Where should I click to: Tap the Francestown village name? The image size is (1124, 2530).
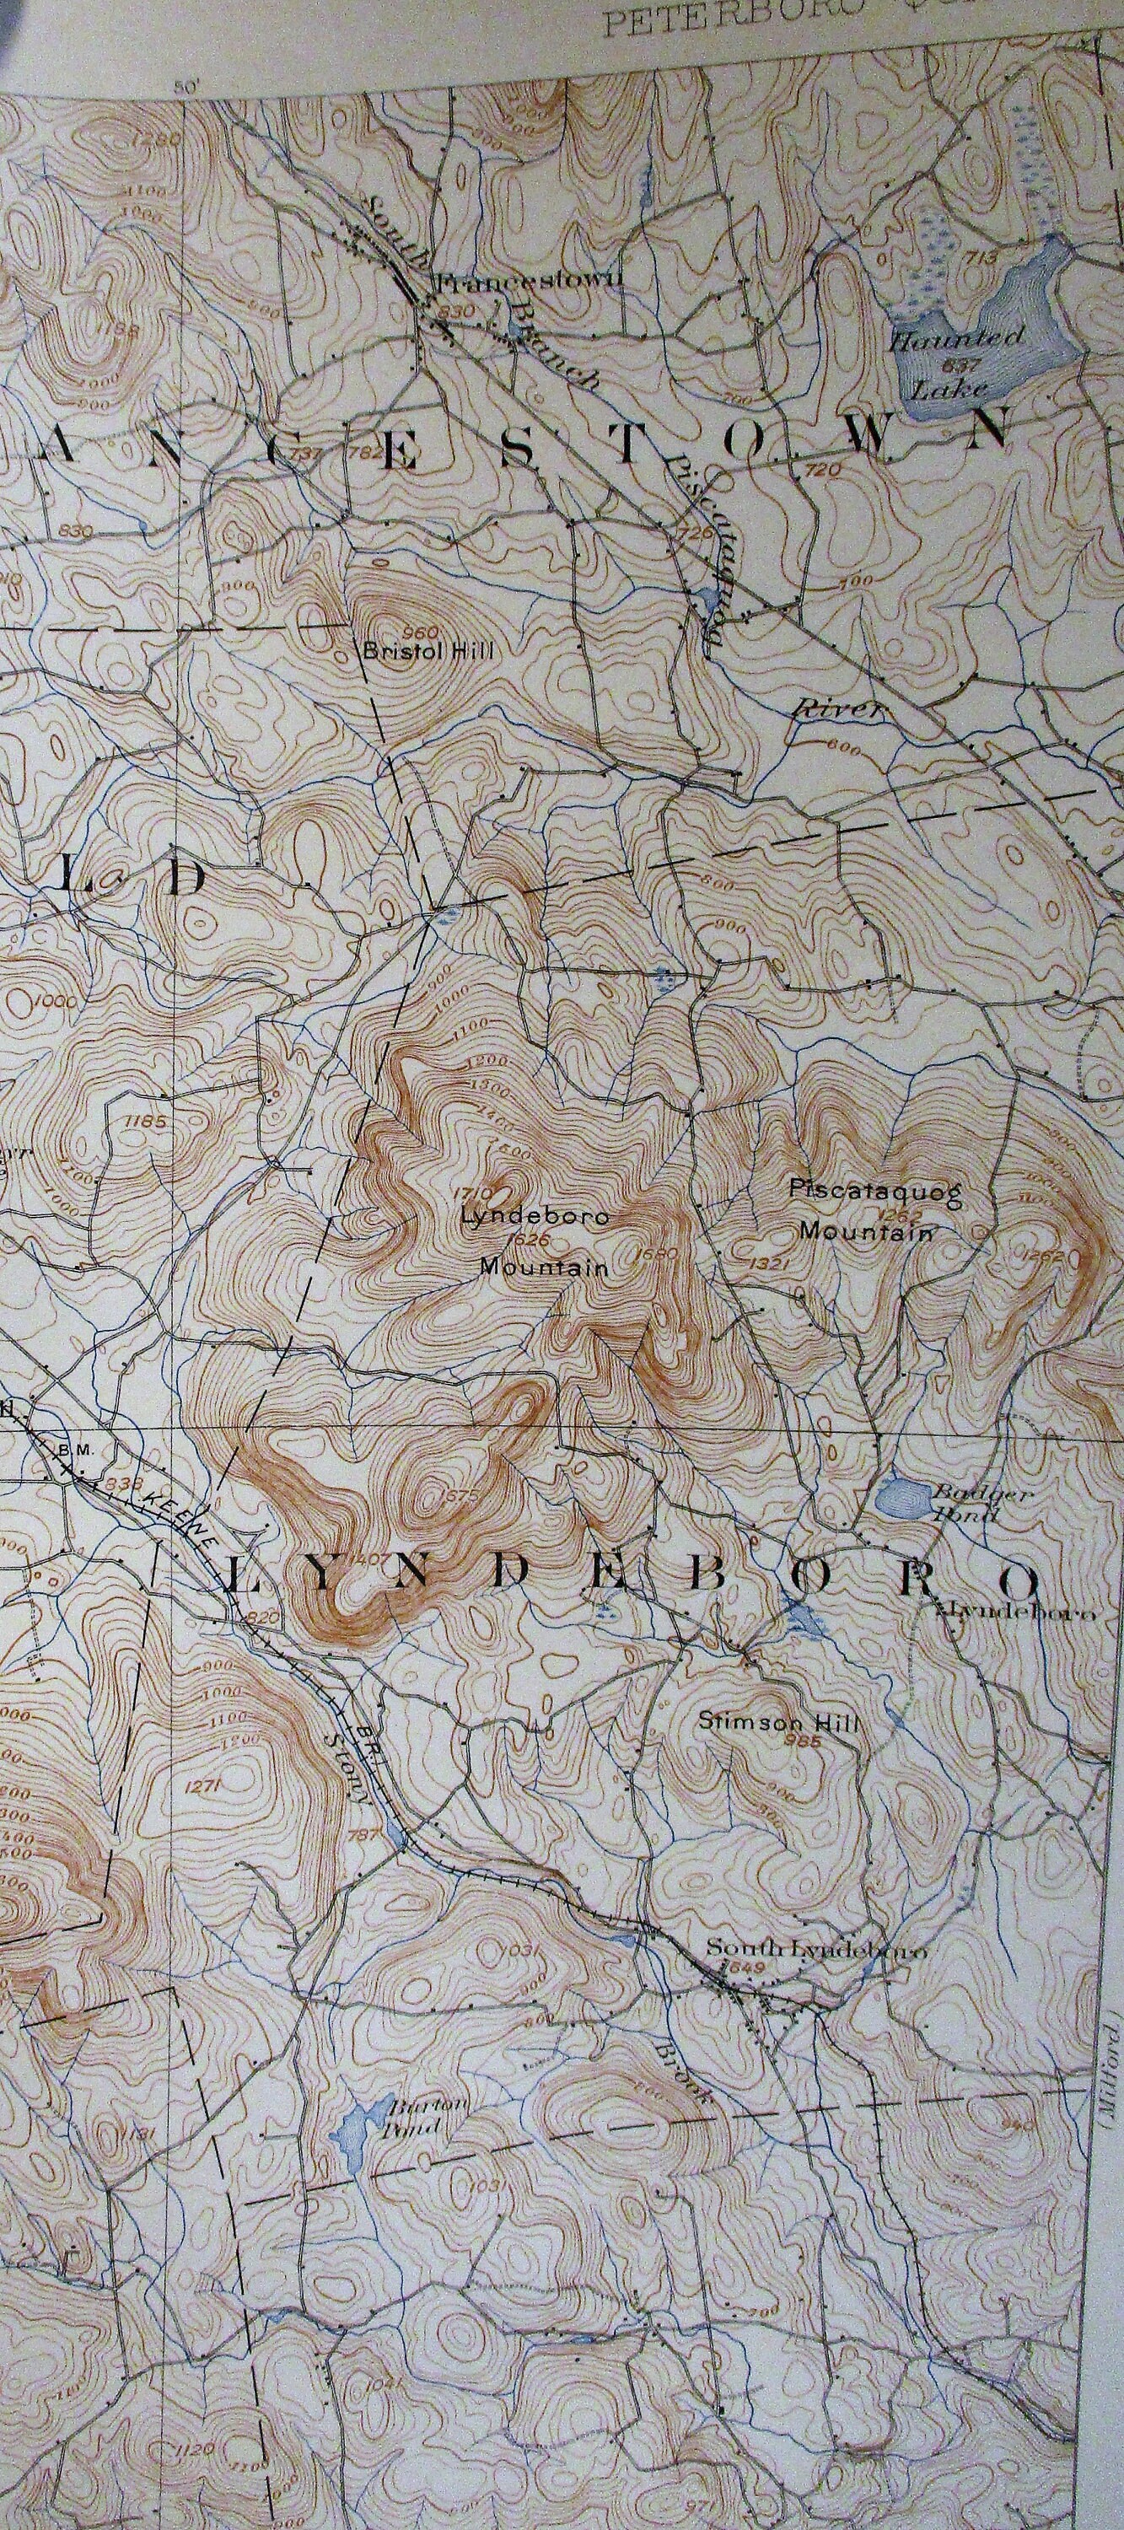528,282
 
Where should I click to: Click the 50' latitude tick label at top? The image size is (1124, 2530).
186,88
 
